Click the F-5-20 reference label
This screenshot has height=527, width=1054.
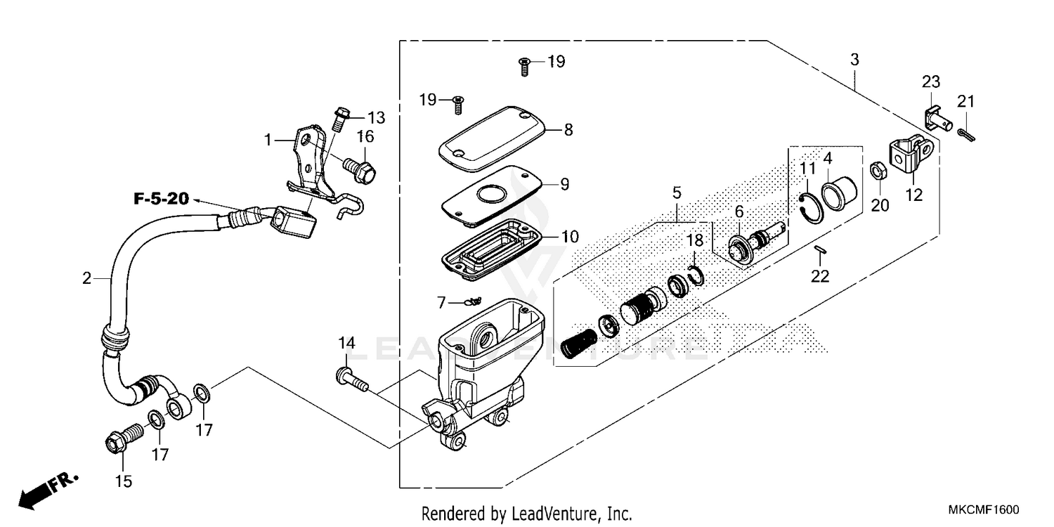(x=161, y=199)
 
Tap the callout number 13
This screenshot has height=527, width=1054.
(x=377, y=117)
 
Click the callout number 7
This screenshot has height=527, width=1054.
(x=441, y=303)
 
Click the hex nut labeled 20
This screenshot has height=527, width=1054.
(x=877, y=170)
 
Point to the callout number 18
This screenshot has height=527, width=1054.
(x=694, y=240)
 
